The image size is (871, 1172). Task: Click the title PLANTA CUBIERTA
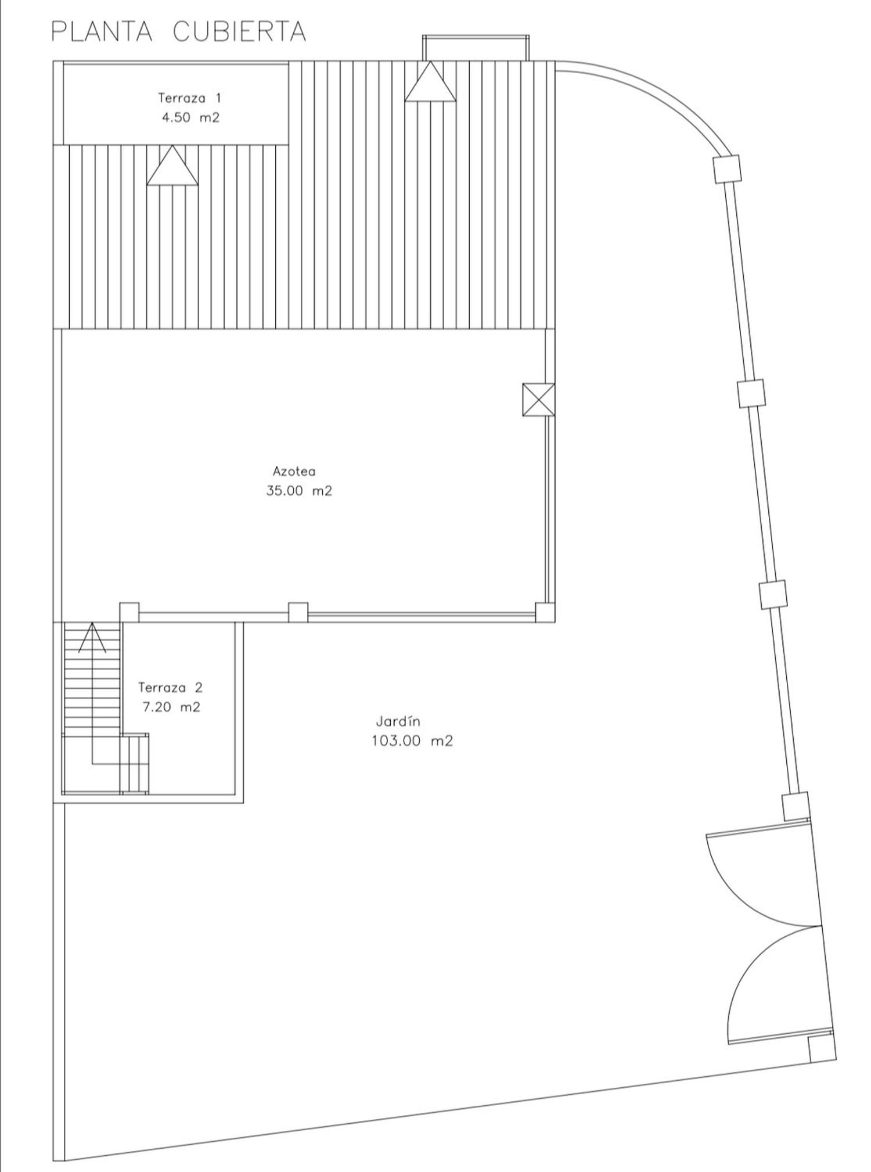(x=179, y=32)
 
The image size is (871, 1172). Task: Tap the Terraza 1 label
(x=189, y=98)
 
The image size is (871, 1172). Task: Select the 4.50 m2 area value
(x=190, y=117)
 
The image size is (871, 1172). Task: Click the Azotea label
(x=294, y=471)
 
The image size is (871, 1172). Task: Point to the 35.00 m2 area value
(x=299, y=491)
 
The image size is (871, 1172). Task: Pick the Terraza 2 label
(x=170, y=688)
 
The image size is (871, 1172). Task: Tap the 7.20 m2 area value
(x=171, y=707)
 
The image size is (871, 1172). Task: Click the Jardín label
(x=398, y=721)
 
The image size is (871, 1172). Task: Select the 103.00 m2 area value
(x=412, y=741)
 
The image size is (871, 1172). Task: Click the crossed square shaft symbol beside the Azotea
(x=538, y=400)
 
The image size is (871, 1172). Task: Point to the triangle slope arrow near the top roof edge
(x=430, y=81)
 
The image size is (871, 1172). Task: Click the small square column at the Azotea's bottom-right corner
(x=545, y=612)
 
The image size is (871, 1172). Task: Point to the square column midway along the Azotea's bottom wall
(x=298, y=612)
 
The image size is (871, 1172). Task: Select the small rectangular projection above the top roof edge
(x=476, y=48)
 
